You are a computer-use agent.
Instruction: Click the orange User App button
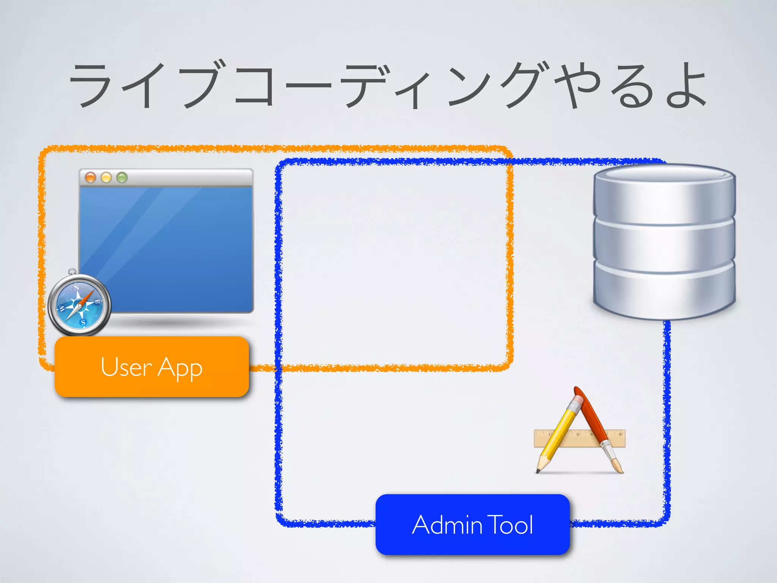(152, 367)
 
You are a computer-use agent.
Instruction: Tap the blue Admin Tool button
(472, 525)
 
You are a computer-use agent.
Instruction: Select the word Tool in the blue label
(510, 525)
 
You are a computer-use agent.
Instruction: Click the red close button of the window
(90, 177)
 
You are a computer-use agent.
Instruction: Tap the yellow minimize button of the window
(106, 177)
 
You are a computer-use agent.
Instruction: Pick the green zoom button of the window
(122, 177)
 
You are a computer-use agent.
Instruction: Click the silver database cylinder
(664, 243)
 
